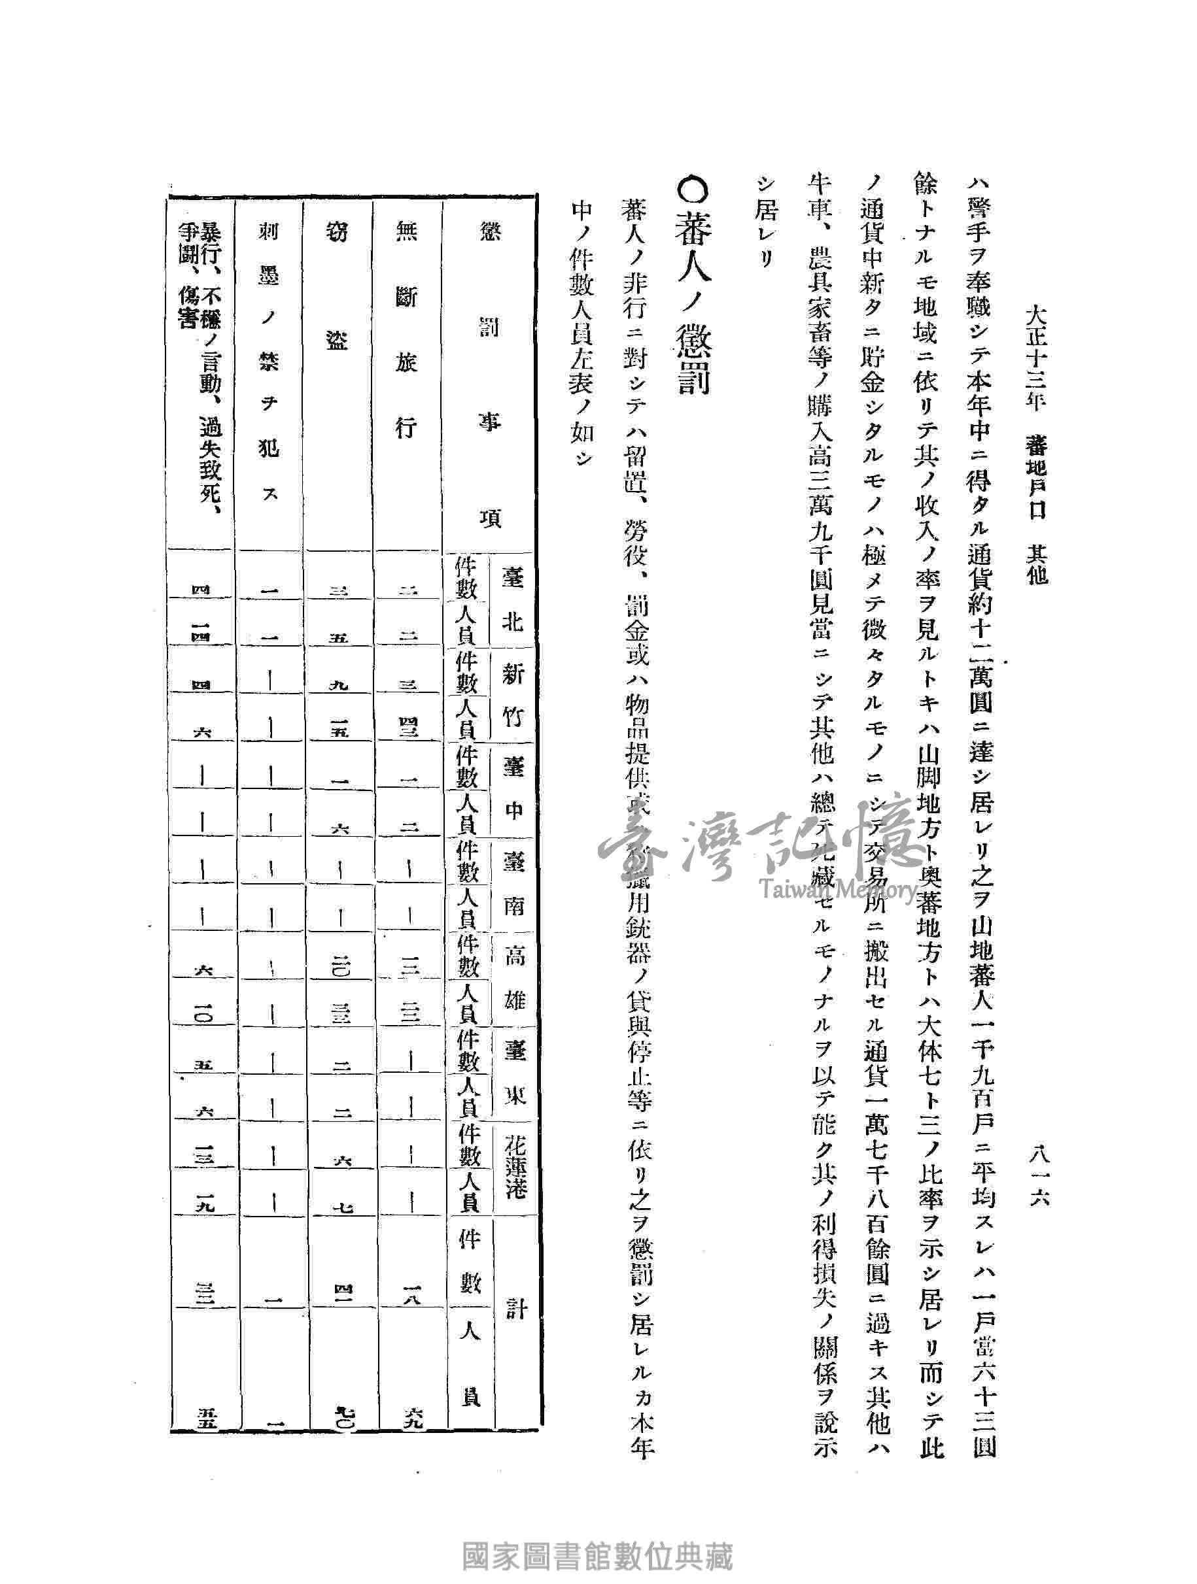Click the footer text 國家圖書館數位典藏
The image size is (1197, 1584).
[598, 1553]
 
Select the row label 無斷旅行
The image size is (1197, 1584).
[407, 329]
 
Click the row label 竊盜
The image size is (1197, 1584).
[337, 286]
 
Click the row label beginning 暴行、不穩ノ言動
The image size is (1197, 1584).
[201, 365]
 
